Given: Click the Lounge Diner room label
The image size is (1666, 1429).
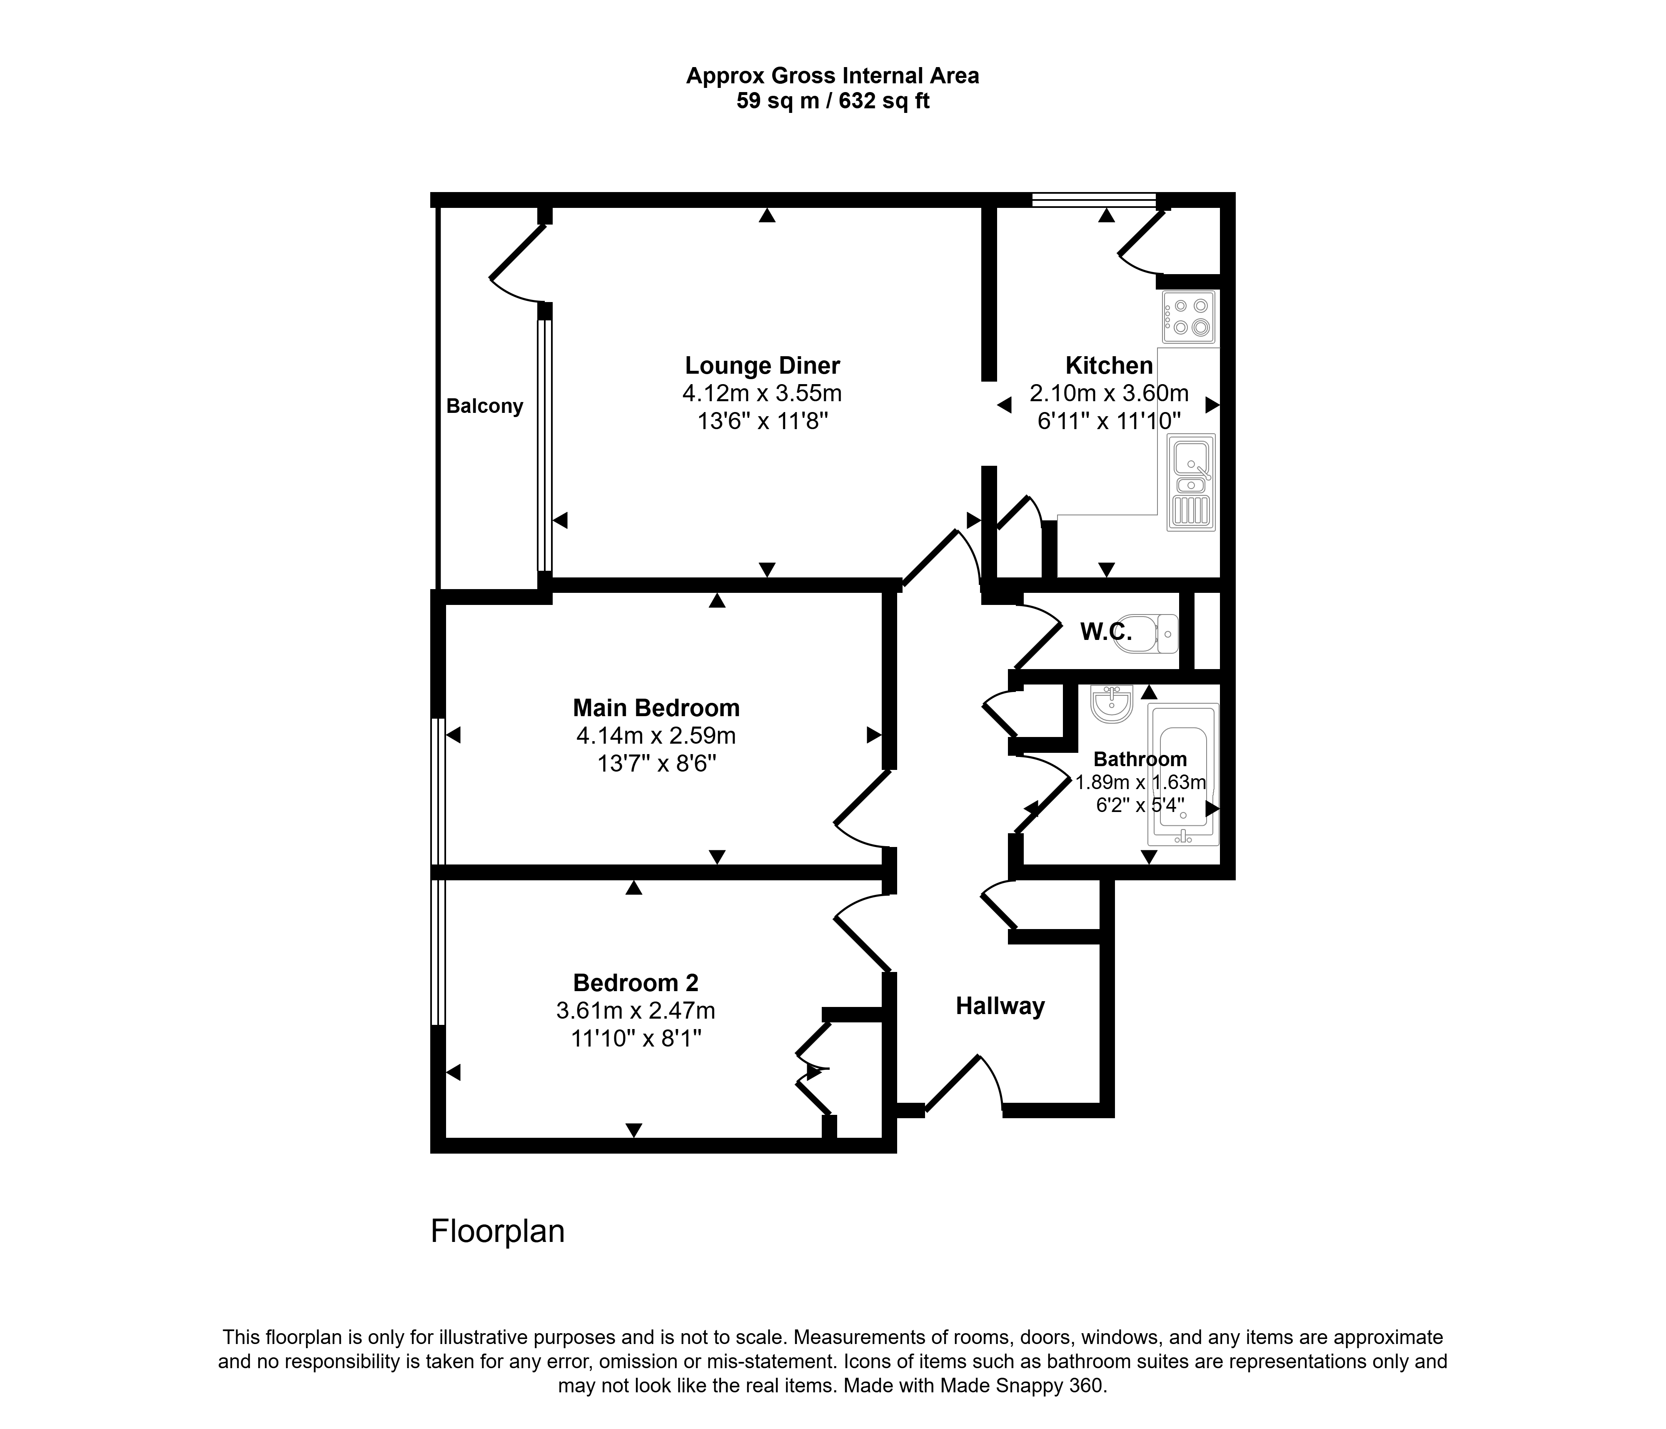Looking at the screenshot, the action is pyautogui.click(x=762, y=366).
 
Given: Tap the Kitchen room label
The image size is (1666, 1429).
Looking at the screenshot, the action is pyautogui.click(x=1109, y=366).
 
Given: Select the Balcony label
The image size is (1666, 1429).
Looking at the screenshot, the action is pyautogui.click(x=485, y=406).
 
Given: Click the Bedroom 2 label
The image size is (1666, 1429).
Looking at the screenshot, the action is pyautogui.click(x=636, y=983).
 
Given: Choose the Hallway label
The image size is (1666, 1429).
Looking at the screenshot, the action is pyautogui.click(x=1000, y=1006).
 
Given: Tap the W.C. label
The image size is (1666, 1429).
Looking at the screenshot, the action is pyautogui.click(x=1106, y=632).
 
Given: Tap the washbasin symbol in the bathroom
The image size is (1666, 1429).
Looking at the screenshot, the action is pyautogui.click(x=1112, y=704).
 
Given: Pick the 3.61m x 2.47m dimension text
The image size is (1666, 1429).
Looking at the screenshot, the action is pyautogui.click(x=636, y=1010).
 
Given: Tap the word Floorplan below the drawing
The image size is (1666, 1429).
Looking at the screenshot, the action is pyautogui.click(x=498, y=1231).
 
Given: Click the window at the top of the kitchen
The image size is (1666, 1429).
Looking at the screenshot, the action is pyautogui.click(x=1094, y=200).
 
